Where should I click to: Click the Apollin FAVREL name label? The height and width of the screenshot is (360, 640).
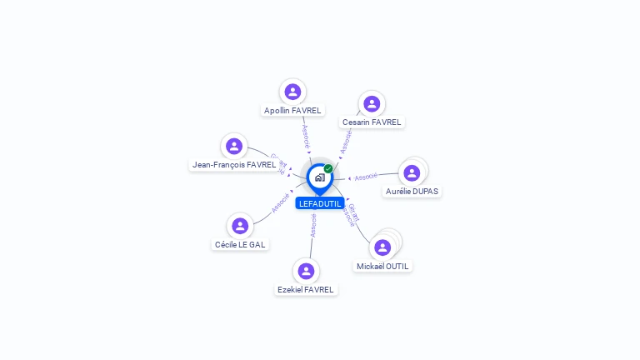pyautogui.click(x=292, y=110)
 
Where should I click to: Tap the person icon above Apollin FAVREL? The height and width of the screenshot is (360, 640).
pyautogui.click(x=292, y=92)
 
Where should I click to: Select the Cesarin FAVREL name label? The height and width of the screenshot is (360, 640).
pyautogui.click(x=372, y=122)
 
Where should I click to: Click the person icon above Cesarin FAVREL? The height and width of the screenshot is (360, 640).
pyautogui.click(x=372, y=103)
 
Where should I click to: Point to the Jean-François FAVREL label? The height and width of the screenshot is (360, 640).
pyautogui.click(x=234, y=165)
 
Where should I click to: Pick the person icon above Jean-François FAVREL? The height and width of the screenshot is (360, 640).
pyautogui.click(x=234, y=147)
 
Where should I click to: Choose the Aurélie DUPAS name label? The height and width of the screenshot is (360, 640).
pyautogui.click(x=412, y=191)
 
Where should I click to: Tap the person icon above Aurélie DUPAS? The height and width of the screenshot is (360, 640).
pyautogui.click(x=412, y=173)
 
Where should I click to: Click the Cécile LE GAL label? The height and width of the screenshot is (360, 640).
pyautogui.click(x=241, y=244)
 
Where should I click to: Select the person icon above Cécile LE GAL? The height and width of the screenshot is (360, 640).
pyautogui.click(x=240, y=226)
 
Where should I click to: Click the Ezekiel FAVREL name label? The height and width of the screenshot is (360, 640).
pyautogui.click(x=306, y=289)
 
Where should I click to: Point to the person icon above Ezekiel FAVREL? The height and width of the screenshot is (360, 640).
pyautogui.click(x=306, y=271)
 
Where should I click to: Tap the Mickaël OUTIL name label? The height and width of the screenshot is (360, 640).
pyautogui.click(x=382, y=266)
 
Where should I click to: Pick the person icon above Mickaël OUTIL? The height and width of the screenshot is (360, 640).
pyautogui.click(x=382, y=247)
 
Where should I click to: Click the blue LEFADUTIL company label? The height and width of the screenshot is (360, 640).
pyautogui.click(x=320, y=203)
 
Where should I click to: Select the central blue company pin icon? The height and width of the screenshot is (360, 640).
pyautogui.click(x=319, y=177)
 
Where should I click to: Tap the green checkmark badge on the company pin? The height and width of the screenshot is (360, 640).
pyautogui.click(x=328, y=168)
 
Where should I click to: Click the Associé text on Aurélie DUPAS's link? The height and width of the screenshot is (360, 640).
pyautogui.click(x=366, y=177)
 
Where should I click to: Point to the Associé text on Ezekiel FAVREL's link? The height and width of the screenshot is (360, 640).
pyautogui.click(x=313, y=226)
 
